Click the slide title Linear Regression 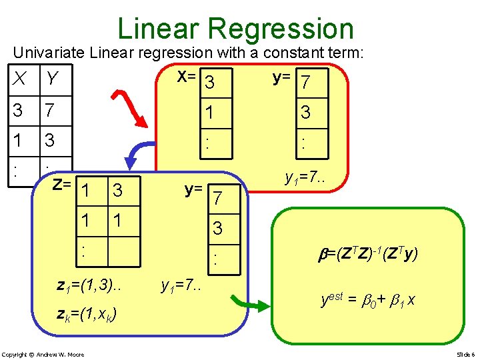(x=235, y=29)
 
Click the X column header (x=21, y=80)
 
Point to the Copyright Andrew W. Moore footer (x=43, y=354)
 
